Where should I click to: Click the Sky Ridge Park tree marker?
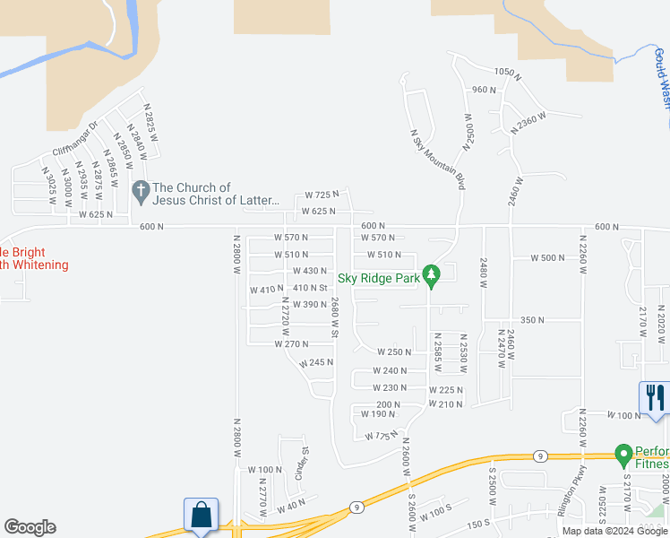point(431,275)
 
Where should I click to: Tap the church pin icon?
point(140,191)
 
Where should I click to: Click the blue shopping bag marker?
point(200,517)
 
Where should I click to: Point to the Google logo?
point(30,527)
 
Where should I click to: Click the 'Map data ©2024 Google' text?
point(615,531)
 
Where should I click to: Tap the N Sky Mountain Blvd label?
point(438,159)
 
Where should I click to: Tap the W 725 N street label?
point(322,195)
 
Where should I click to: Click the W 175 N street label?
point(381,435)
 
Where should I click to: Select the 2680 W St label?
point(335,317)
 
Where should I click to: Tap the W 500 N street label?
point(548,257)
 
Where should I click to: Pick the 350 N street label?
point(532,320)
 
